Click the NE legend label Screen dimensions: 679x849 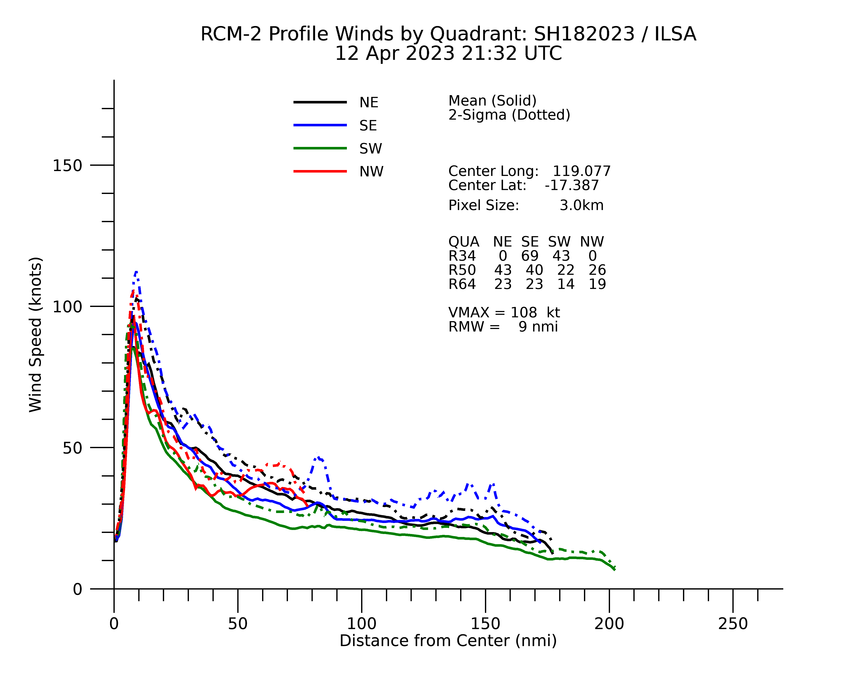369,103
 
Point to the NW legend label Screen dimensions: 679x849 371,172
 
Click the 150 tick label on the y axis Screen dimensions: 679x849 67,166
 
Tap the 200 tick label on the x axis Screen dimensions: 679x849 609,624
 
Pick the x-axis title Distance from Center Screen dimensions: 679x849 448,641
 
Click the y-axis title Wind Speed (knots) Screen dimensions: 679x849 35,335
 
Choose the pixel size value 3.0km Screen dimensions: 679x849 581,205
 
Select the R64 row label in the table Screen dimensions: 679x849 462,284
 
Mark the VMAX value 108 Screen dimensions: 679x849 523,312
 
